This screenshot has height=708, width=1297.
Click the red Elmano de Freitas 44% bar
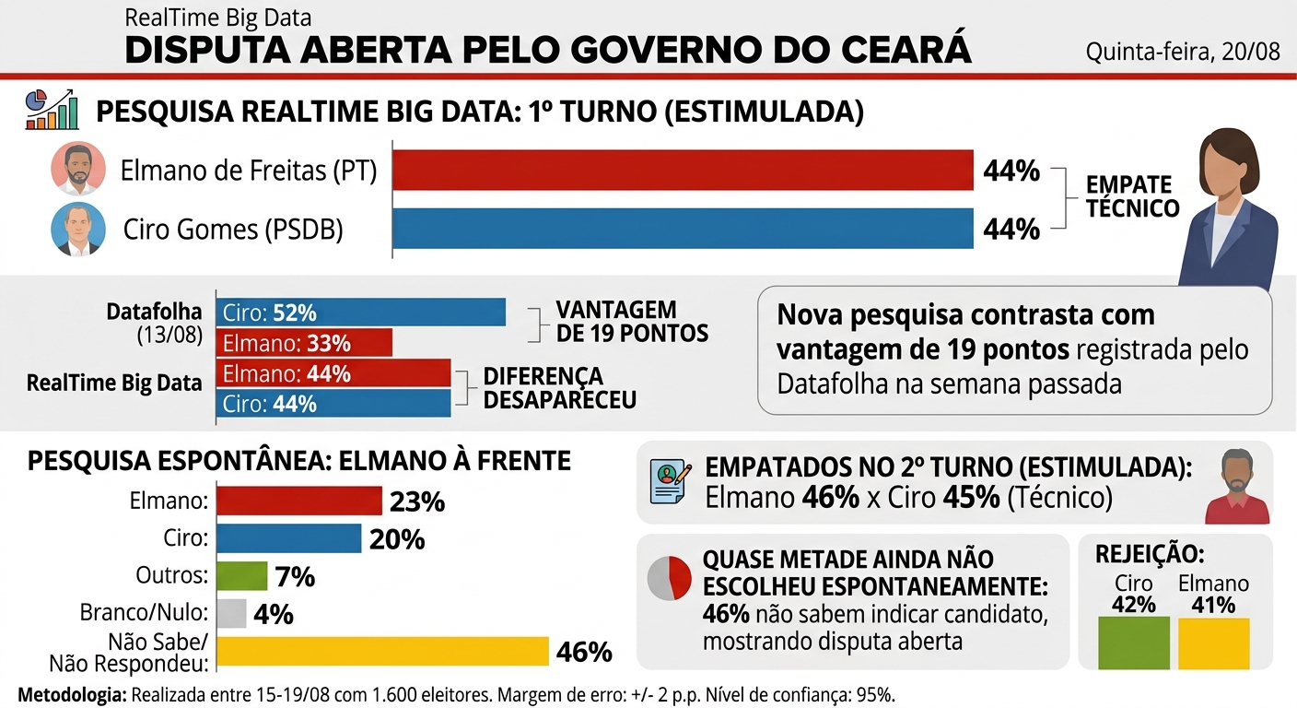pos(683,170)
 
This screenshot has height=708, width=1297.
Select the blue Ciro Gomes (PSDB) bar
pos(683,229)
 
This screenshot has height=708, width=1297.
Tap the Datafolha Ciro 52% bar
pos(361,313)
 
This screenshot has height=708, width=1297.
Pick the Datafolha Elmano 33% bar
pos(304,343)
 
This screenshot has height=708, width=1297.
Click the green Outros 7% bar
pos(242,575)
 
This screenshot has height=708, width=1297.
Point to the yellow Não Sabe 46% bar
pos(382,651)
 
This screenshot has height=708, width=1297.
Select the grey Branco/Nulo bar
pos(231,613)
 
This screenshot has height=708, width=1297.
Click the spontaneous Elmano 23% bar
pos(299,501)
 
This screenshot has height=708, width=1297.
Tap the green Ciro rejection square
pos(1134,643)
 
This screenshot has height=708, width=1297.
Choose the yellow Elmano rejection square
pos(1213,643)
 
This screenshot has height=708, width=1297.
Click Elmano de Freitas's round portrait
pos(78,168)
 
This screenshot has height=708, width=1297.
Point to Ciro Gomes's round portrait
pos(78,229)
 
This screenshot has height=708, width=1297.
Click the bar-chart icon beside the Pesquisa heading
pos(53,109)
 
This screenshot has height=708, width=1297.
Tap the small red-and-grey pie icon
pos(670,578)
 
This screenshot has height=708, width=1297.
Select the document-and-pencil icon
pos(671,482)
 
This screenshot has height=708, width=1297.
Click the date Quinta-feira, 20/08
pos(1183,52)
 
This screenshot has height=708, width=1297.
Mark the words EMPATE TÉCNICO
pos(1132,196)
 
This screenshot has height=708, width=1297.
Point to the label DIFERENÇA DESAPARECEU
pos(560,387)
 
